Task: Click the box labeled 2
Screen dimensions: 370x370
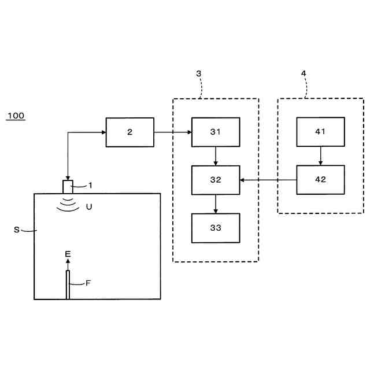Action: pos(129,132)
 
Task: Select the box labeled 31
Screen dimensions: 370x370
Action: pos(216,132)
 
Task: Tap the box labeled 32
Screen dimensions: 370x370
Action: pos(216,180)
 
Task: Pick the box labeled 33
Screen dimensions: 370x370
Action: pos(216,228)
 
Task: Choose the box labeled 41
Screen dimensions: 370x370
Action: pos(320,132)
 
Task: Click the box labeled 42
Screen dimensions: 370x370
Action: pos(320,180)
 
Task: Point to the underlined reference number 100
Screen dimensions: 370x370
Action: pos(16,116)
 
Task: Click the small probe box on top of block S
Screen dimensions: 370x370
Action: pos(68,187)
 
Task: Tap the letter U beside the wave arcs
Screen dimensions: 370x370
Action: pos(88,206)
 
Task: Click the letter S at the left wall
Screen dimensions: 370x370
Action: pos(16,230)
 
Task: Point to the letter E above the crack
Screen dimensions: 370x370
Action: pos(68,253)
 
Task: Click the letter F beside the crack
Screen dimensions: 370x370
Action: pos(88,283)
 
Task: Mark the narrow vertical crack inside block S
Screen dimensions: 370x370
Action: pos(68,285)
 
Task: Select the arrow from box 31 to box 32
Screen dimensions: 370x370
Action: pos(216,156)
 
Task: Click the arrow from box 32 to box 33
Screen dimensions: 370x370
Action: pos(216,203)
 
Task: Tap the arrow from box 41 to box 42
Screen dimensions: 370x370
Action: pos(320,156)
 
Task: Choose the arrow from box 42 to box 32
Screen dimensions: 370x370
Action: pos(268,180)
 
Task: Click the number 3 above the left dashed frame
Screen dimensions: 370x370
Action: pos(199,73)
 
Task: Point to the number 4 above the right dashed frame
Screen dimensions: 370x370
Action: pos(304,73)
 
